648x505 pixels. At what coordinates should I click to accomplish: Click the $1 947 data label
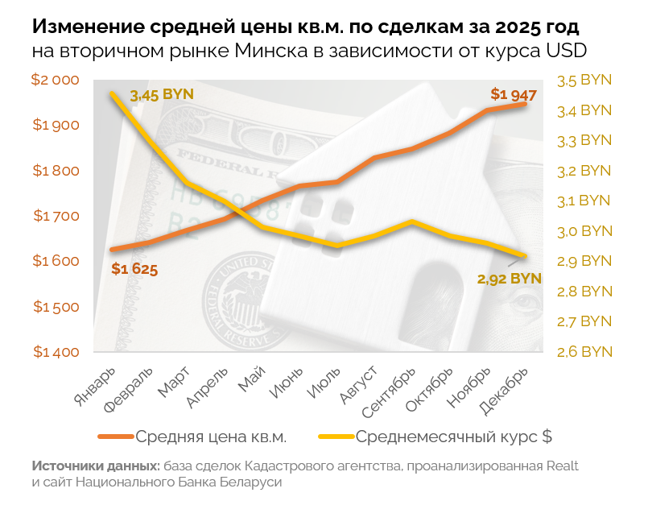tap(514, 94)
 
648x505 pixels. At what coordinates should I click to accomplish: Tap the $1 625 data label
tap(134, 269)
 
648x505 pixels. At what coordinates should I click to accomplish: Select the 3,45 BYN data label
tap(162, 94)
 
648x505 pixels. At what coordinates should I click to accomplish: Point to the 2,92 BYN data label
tap(508, 279)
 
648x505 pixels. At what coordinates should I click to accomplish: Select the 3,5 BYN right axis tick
tap(584, 80)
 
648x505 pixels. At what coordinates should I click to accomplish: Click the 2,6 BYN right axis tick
tap(584, 352)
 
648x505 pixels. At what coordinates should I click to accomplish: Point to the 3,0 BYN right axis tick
tap(584, 231)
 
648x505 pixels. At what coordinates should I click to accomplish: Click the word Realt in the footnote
tap(562, 466)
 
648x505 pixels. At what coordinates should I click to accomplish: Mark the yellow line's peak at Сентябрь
tap(412, 221)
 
